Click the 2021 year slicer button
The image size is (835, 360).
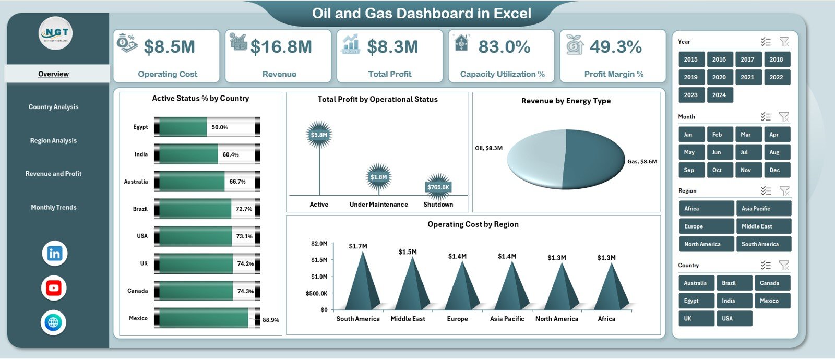click(747, 77)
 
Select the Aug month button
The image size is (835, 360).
click(774, 152)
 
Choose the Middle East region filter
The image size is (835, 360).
click(763, 226)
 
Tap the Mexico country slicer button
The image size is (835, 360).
click(771, 301)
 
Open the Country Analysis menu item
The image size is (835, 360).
click(53, 107)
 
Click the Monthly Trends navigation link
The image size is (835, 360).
click(53, 208)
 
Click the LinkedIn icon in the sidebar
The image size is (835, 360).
click(54, 254)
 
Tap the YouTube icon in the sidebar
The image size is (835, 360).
click(54, 288)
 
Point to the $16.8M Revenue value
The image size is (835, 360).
click(281, 47)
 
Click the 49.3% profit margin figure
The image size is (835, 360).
click(616, 47)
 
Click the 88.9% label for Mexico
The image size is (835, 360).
click(270, 320)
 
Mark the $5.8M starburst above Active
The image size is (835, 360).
click(319, 135)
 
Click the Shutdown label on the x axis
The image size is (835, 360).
click(438, 205)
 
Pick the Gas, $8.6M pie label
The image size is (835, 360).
click(642, 162)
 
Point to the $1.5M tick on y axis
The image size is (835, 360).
click(319, 260)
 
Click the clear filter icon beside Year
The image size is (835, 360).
click(784, 42)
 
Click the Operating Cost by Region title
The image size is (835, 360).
click(473, 224)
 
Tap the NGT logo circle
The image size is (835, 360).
click(55, 33)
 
